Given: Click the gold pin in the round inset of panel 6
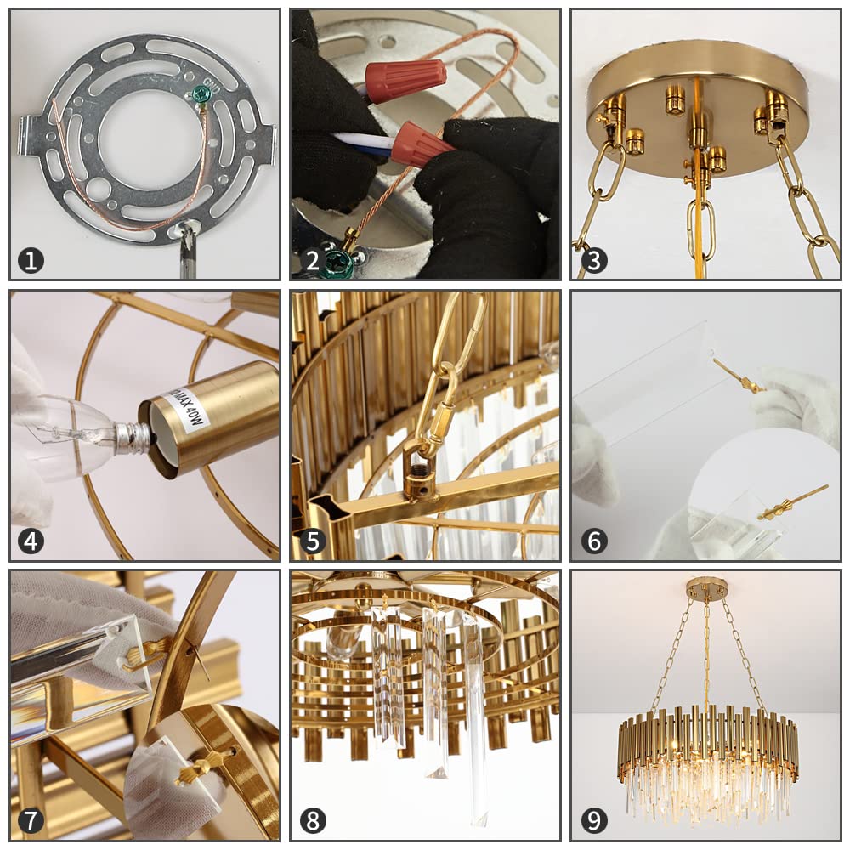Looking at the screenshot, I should (790, 505).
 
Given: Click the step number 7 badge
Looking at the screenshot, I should (31, 821).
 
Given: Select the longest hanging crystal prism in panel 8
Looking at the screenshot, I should (476, 714).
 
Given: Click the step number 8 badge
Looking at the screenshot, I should (312, 821).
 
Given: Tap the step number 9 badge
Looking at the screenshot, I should (594, 821).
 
